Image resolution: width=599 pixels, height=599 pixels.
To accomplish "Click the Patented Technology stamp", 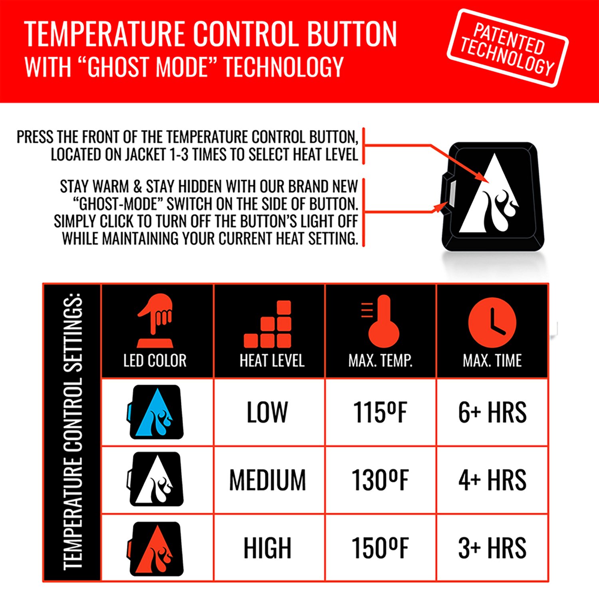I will [507, 48].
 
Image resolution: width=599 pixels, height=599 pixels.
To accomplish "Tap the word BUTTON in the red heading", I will [352, 34].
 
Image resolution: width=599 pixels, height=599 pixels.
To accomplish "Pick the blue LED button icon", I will [156, 412].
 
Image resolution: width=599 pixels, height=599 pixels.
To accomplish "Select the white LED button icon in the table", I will [156, 479].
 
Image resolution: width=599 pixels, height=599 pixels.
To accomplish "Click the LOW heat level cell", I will [267, 412].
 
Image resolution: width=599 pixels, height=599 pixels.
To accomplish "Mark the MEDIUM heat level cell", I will [268, 480].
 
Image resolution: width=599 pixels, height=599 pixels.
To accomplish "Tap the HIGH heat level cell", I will [268, 547].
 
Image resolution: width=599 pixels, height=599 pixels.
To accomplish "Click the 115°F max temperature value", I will [380, 412].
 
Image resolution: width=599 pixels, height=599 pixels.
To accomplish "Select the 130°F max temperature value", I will [380, 480].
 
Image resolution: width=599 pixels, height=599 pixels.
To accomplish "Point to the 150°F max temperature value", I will [380, 547].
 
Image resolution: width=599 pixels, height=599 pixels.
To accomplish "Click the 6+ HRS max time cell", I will [492, 412].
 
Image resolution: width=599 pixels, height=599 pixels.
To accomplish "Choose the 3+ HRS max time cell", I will [492, 547].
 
